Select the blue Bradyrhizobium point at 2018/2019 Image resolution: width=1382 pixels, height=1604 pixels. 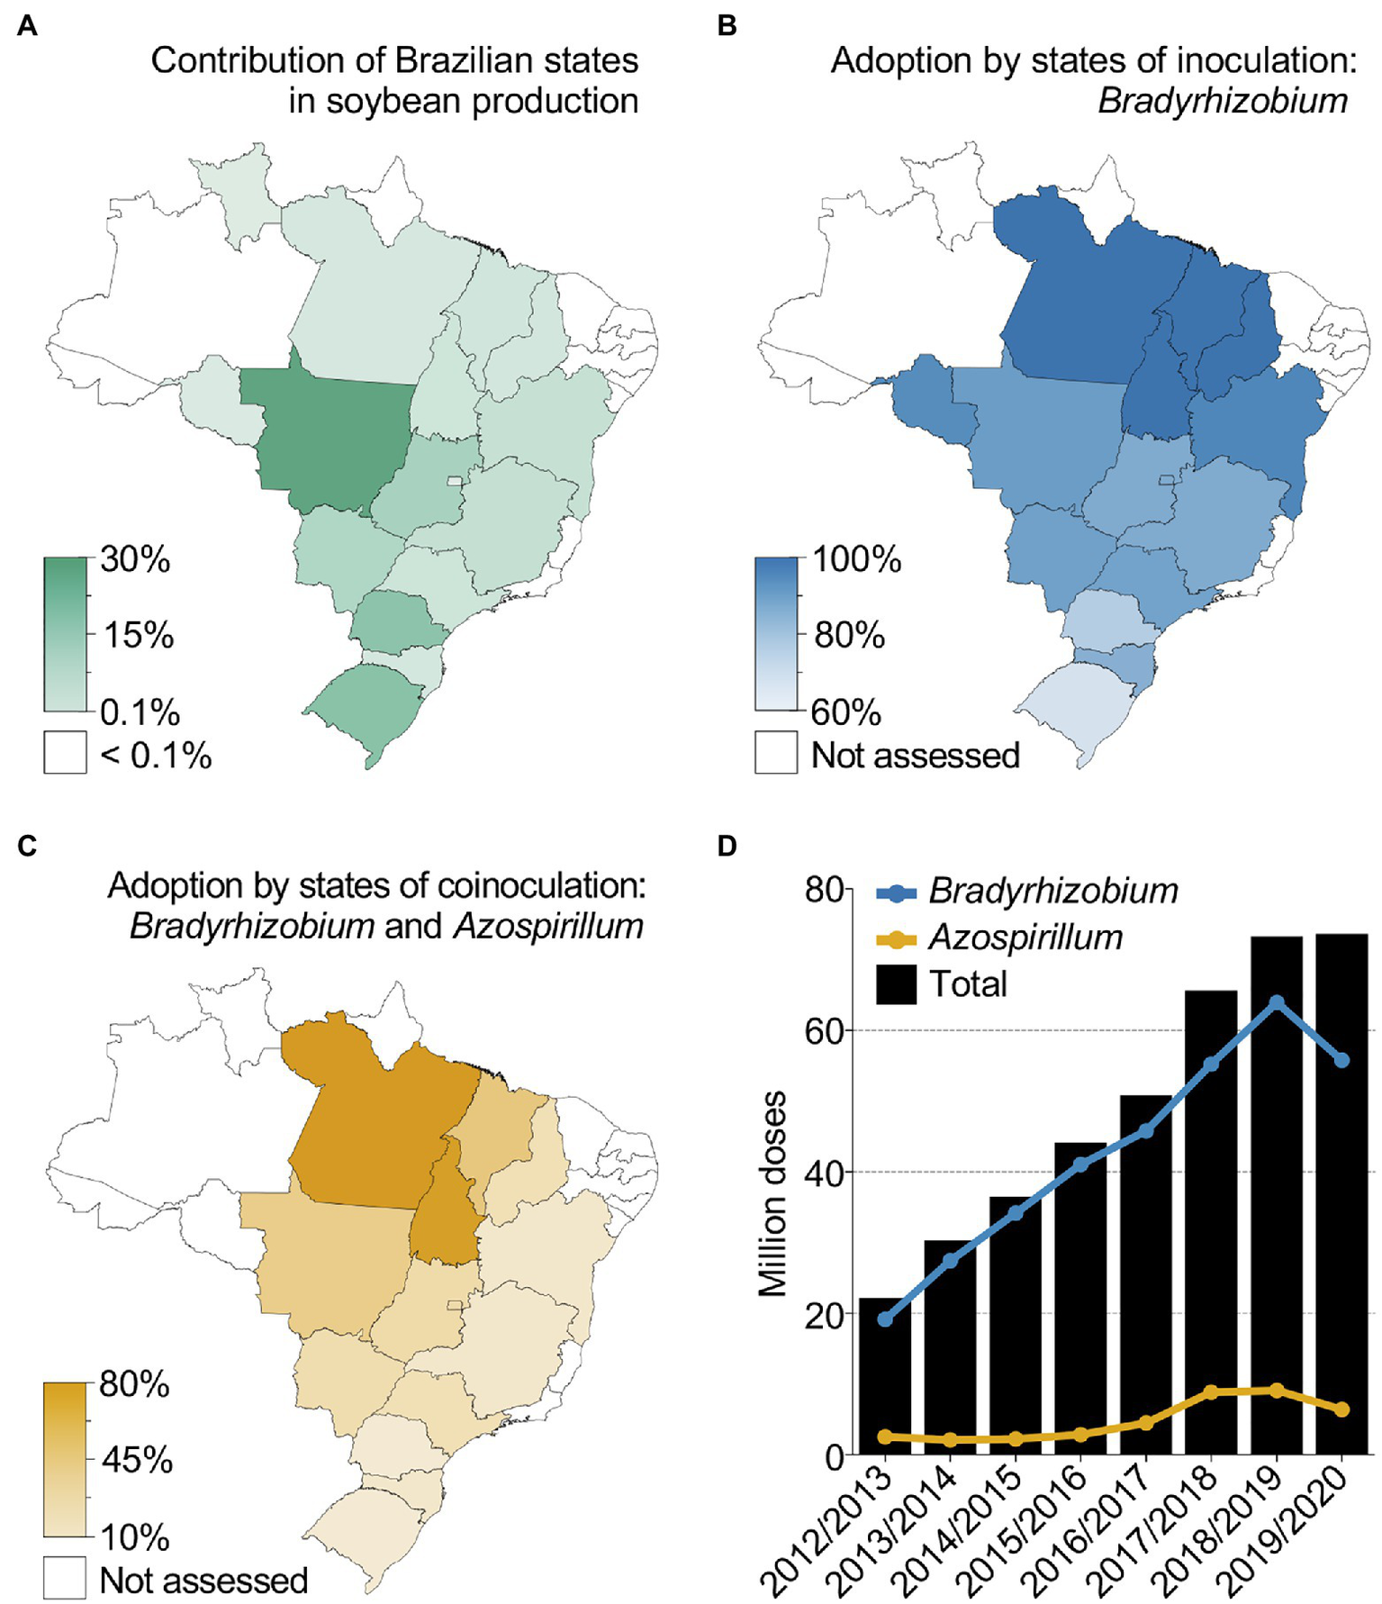pos(1277,1002)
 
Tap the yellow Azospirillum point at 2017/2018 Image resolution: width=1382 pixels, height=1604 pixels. pos(1212,1392)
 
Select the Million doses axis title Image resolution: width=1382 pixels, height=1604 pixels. pos(772,1193)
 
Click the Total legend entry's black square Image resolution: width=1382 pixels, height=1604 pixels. pos(896,984)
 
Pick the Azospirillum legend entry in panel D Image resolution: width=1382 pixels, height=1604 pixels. pos(1025,938)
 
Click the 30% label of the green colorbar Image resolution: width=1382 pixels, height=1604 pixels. pos(135,559)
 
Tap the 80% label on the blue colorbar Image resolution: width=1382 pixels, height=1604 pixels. pos(849,636)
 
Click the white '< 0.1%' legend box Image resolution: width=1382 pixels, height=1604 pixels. pos(65,752)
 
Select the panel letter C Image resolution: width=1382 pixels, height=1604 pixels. pos(27,847)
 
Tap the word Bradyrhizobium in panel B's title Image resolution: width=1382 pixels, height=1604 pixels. pos(1222,101)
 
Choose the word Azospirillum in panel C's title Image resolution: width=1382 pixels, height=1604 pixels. pos(548,926)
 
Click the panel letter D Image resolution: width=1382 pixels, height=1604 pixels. pos(727,847)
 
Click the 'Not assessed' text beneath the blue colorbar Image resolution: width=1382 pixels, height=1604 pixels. pos(915,756)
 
